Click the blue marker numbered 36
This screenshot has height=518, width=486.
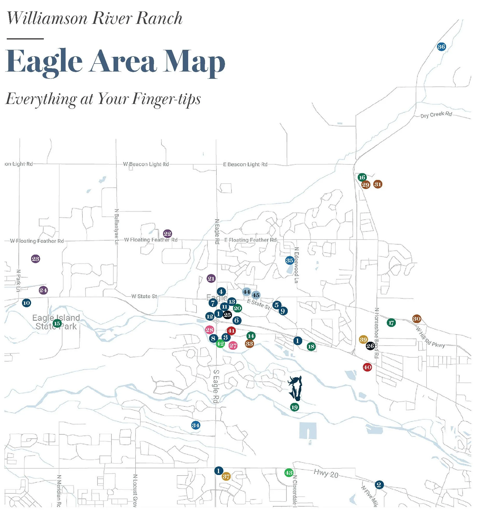[441, 47]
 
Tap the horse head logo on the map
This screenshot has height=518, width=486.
[295, 388]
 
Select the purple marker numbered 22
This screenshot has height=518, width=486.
[167, 234]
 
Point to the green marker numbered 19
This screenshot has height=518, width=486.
[294, 407]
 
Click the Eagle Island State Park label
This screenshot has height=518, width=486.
[56, 322]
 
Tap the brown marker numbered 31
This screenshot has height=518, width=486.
[378, 184]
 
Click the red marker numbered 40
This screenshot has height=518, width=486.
[367, 367]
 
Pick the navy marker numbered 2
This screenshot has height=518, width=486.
[379, 485]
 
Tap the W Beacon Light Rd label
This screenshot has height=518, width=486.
[146, 164]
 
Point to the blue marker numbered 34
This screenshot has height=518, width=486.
[196, 425]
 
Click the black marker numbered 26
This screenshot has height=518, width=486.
[370, 346]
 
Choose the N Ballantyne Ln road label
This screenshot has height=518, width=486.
[116, 226]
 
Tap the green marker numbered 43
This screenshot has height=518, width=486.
[288, 473]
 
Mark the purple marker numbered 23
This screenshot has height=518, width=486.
[36, 259]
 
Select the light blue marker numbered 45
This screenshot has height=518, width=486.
[256, 295]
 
